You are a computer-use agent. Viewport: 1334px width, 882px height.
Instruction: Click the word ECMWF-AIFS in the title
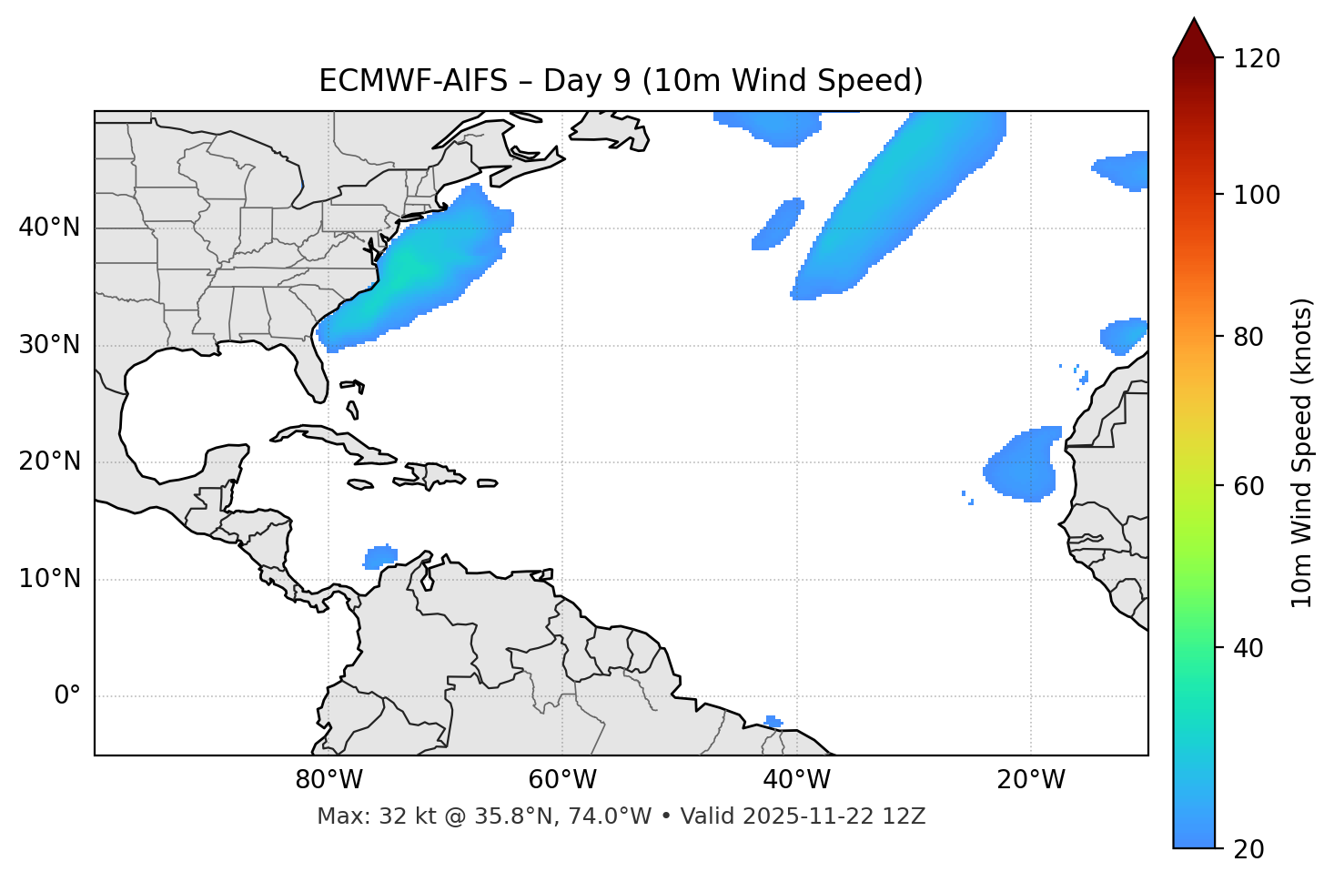pyautogui.click(x=412, y=81)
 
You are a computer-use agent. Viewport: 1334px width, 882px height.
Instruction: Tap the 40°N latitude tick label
pyautogui.click(x=49, y=228)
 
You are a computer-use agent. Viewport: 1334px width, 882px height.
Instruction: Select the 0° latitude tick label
pyautogui.click(x=67, y=696)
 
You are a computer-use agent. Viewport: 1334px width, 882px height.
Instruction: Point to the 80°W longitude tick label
pyautogui.click(x=328, y=780)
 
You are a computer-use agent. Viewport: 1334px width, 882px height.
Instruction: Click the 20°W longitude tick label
pyautogui.click(x=1031, y=780)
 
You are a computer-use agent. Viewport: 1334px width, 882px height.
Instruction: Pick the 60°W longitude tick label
pyautogui.click(x=562, y=780)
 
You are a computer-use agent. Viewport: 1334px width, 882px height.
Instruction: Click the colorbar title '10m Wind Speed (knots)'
pyautogui.click(x=1302, y=453)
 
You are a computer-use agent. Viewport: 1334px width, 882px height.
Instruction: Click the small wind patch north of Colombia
pyautogui.click(x=380, y=556)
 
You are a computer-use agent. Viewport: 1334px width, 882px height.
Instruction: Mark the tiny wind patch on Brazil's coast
pyautogui.click(x=773, y=722)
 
